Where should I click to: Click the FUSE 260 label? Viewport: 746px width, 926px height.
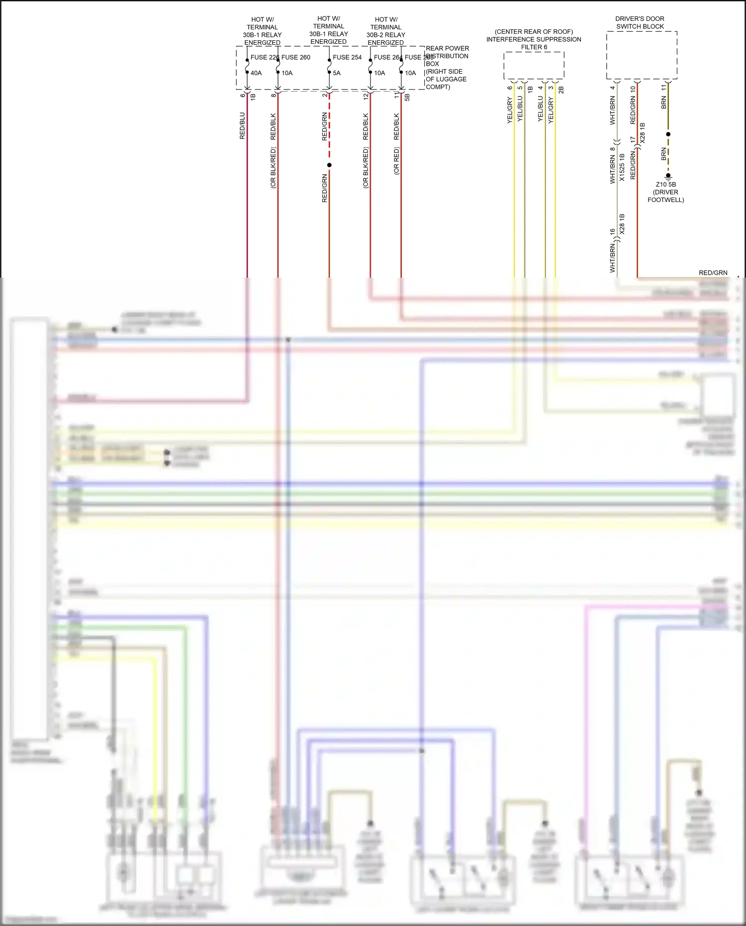coord(296,57)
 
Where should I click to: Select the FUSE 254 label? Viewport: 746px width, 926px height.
coord(347,57)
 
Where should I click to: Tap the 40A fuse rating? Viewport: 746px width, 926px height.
coord(256,73)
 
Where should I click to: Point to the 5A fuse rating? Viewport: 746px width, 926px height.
coord(337,73)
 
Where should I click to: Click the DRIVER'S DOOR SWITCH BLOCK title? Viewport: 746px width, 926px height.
coord(640,22)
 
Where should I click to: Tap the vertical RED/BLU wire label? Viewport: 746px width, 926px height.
coord(243,125)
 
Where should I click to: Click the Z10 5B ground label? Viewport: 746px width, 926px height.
coord(665,185)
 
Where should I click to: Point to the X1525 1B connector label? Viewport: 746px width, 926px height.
coord(622,167)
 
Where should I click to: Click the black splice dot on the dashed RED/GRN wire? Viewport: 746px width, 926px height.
coord(329,165)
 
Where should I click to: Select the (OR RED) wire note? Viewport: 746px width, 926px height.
coord(397,161)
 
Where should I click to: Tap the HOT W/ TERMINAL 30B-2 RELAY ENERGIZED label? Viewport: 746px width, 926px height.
coord(386,31)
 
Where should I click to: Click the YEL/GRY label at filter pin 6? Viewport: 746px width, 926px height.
coord(510,110)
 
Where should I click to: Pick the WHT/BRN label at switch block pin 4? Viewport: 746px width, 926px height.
coord(613,110)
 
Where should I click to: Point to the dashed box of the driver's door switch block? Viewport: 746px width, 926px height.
coord(642,55)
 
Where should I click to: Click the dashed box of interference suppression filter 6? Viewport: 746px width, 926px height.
coord(534,65)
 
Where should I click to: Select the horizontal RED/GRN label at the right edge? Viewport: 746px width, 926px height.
coord(713,273)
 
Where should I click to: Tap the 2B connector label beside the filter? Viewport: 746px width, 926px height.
coord(561,90)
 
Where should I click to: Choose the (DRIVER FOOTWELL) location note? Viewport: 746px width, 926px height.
coord(665,196)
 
